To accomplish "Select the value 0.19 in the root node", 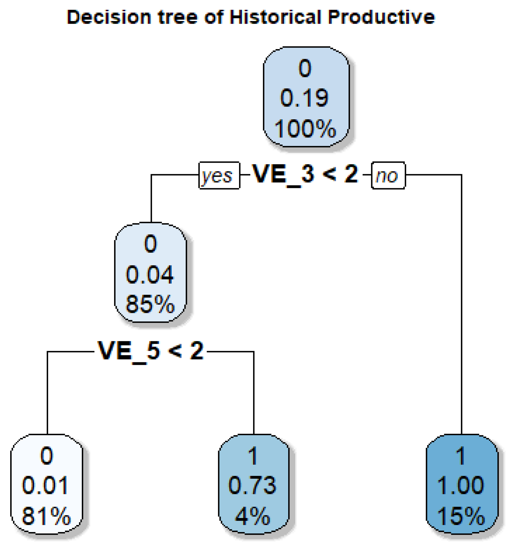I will pyautogui.click(x=304, y=98).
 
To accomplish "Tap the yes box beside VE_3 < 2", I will pyautogui.click(x=219, y=175).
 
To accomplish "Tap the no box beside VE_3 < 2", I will pyautogui.click(x=388, y=175).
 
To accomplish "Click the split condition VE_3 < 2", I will pyautogui.click(x=305, y=175).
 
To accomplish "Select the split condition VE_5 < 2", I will pyautogui.click(x=151, y=351).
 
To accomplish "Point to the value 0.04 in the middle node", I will pyautogui.click(x=150, y=275).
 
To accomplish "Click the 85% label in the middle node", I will pyautogui.click(x=150, y=304).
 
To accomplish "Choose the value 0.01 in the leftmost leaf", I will pyautogui.click(x=46, y=485).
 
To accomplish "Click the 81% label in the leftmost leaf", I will pyautogui.click(x=46, y=516).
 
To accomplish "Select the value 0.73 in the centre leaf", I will pyautogui.click(x=252, y=485).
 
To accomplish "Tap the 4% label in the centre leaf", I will pyautogui.click(x=253, y=516).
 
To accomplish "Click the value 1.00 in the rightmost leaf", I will pyautogui.click(x=461, y=485).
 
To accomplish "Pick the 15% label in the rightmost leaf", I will pyautogui.click(x=461, y=516).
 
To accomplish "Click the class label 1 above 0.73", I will pyautogui.click(x=253, y=456).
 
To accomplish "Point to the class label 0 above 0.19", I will pyautogui.click(x=305, y=68).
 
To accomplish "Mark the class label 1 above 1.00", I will pyautogui.click(x=461, y=456).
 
